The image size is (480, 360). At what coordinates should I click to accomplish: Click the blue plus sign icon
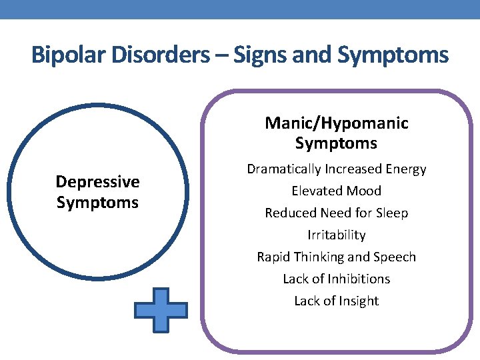click(x=161, y=309)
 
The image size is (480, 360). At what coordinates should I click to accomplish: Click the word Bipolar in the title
click(x=64, y=55)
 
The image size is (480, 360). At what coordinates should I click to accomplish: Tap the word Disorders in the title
click(x=154, y=55)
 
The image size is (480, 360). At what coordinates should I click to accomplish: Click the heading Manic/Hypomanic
click(x=337, y=123)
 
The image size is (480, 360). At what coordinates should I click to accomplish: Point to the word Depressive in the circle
click(x=97, y=182)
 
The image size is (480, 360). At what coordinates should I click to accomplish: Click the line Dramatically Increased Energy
click(x=337, y=169)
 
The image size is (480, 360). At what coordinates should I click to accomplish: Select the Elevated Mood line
click(x=337, y=191)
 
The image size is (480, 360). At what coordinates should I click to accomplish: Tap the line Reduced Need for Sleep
click(x=337, y=213)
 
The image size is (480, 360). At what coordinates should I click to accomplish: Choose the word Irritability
click(x=337, y=235)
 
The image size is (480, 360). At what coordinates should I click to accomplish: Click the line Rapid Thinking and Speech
click(x=337, y=257)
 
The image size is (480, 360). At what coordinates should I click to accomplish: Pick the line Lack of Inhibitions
click(x=337, y=279)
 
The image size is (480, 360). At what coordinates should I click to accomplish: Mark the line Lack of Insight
click(x=337, y=301)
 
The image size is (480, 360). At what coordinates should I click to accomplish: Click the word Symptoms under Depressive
click(x=97, y=203)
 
